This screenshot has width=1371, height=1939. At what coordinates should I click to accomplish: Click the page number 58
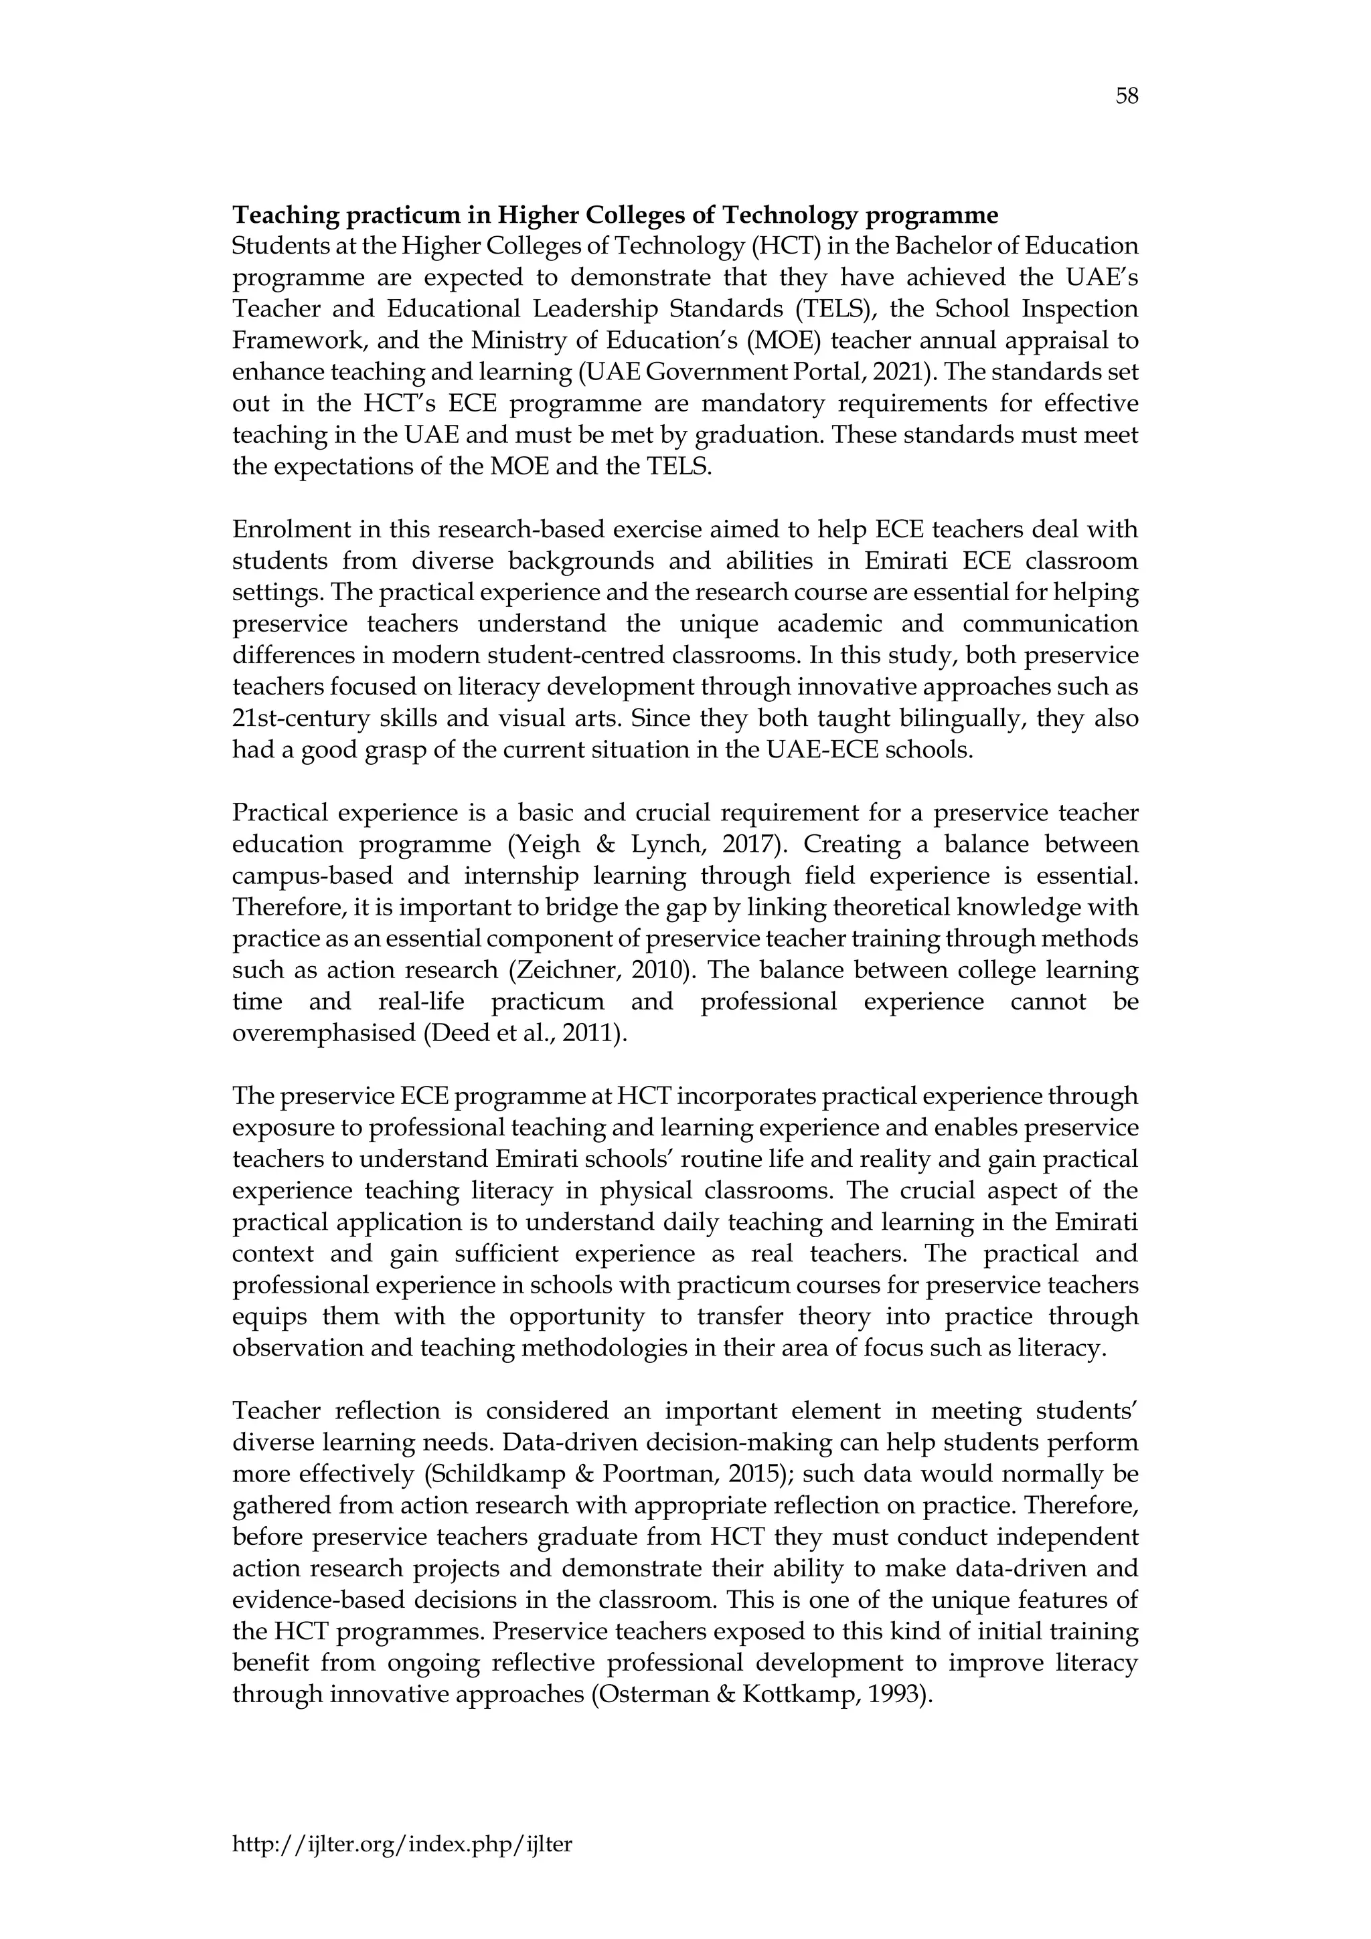pos(1126,97)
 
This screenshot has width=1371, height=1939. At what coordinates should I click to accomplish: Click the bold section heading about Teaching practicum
pos(615,215)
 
